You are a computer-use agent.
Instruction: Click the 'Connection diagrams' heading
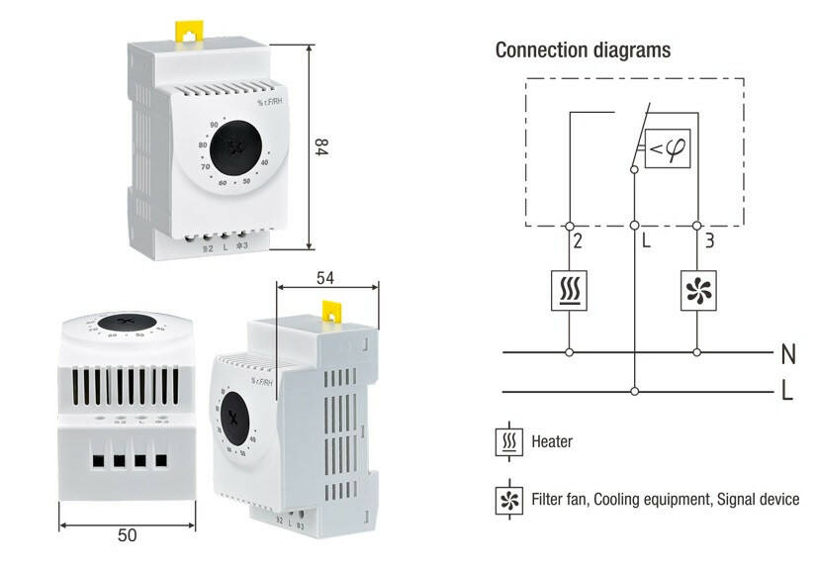tap(583, 49)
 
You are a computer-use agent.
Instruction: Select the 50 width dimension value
tap(127, 535)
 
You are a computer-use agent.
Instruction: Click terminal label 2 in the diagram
tap(578, 239)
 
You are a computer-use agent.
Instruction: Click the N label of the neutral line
tap(787, 353)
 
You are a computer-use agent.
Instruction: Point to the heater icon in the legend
tap(508, 441)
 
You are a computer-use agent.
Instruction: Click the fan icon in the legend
tap(508, 500)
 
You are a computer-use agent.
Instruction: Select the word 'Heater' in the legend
tap(552, 441)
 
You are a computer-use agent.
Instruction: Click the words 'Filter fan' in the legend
tap(560, 500)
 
